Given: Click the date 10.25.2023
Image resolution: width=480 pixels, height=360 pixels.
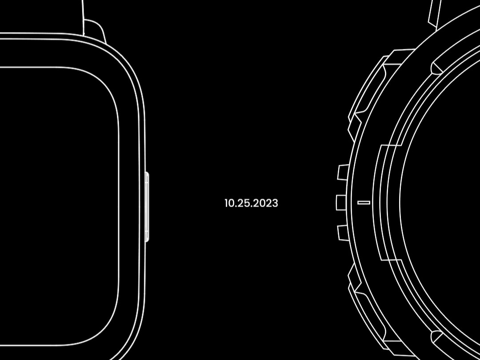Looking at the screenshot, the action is click(x=251, y=203).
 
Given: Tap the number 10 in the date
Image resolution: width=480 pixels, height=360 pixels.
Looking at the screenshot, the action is click(x=229, y=203).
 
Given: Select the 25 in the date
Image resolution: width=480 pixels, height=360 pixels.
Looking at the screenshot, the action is click(x=242, y=203).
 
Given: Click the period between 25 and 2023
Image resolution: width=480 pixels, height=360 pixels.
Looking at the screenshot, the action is click(x=250, y=207).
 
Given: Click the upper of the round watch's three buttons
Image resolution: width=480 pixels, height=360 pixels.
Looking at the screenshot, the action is click(x=343, y=172).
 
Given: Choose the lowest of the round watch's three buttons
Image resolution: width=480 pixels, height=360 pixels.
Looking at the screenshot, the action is click(x=343, y=233).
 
